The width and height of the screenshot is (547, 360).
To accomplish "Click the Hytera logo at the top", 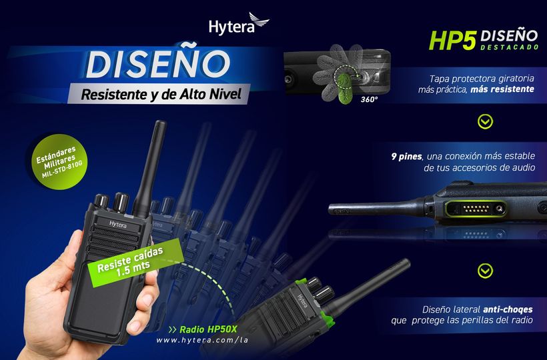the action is click(239, 24).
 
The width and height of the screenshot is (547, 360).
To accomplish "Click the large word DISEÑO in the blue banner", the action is click(157, 64).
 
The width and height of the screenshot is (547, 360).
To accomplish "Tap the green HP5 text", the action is click(452, 40).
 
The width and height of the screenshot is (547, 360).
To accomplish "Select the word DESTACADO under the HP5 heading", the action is click(510, 47).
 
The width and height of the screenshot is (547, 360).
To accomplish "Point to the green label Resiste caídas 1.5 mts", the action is click(135, 263).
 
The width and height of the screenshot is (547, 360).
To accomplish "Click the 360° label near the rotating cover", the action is click(369, 100).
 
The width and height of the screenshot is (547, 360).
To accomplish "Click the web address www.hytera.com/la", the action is click(202, 340).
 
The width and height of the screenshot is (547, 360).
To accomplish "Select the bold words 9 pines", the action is click(406, 157).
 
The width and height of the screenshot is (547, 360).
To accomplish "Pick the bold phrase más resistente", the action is click(502, 89).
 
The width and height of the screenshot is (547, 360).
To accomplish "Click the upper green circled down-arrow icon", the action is click(485, 121).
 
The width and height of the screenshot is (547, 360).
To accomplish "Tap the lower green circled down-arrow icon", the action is click(485, 271).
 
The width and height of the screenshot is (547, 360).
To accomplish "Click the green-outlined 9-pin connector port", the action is click(476, 209).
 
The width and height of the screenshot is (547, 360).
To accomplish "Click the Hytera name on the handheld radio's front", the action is click(118, 225).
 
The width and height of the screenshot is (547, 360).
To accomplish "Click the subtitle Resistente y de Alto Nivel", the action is click(161, 94).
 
